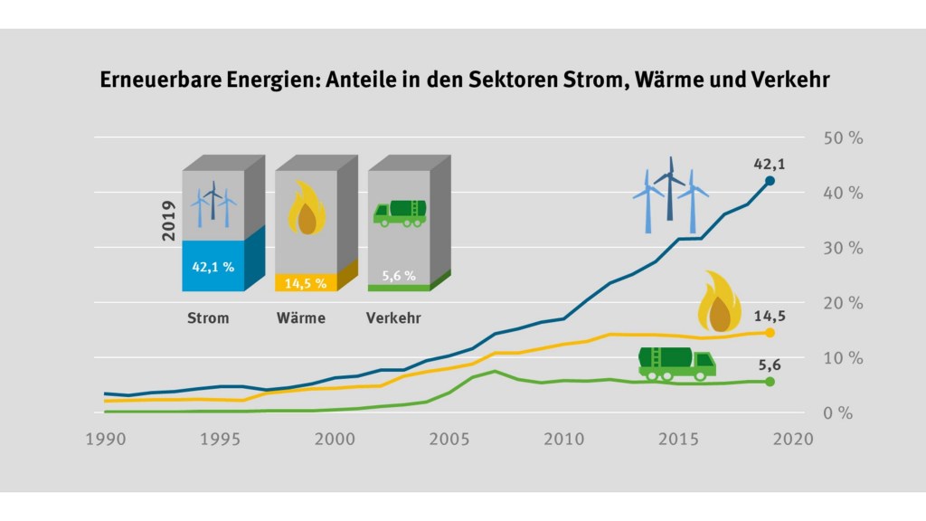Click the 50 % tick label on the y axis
point(843,138)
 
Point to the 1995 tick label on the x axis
point(221,439)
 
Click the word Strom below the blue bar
point(208,318)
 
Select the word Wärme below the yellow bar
point(300,318)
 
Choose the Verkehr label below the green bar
point(393,318)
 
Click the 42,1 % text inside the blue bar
point(213,267)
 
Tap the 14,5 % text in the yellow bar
point(305,283)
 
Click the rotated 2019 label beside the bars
point(169,221)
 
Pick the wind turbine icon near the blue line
point(670,193)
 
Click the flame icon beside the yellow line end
point(721,301)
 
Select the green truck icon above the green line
point(676,361)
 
